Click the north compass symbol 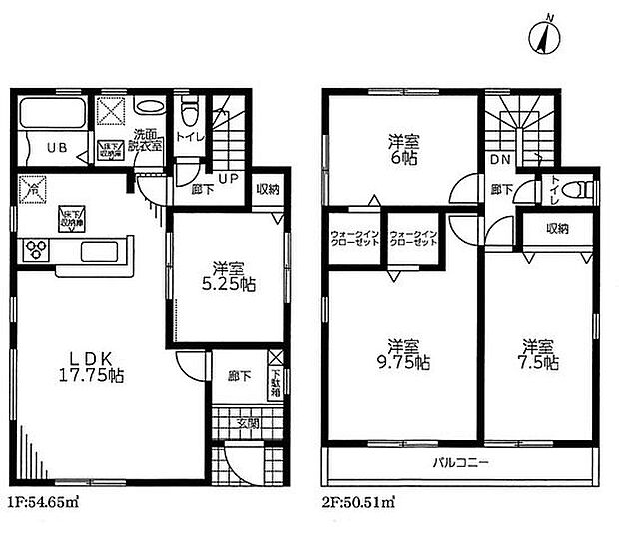(x=541, y=38)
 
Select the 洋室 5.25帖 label (x=228, y=276)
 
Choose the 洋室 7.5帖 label (x=534, y=354)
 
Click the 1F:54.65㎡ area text (x=44, y=501)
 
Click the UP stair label (x=227, y=181)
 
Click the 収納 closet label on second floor (x=557, y=229)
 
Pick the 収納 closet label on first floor (x=266, y=189)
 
